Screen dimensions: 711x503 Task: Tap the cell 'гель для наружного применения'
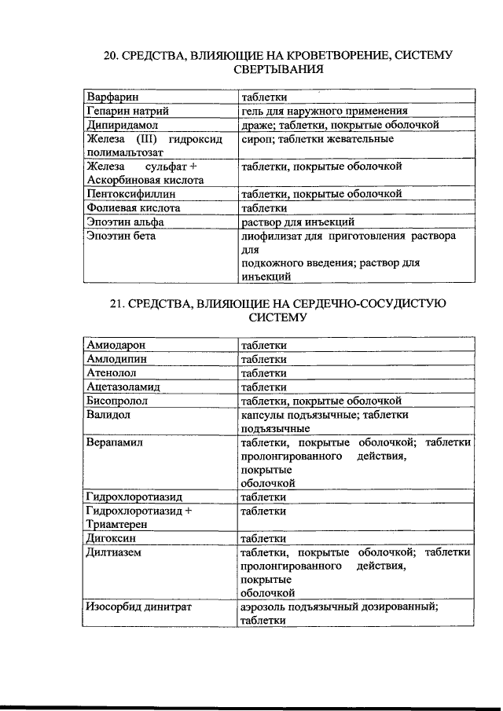coord(324,112)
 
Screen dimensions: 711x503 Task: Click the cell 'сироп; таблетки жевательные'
coord(318,139)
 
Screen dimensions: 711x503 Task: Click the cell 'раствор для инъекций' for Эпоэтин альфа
coord(298,222)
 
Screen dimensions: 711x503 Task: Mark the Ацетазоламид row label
coord(124,387)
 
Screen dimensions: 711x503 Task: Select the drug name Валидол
coord(108,414)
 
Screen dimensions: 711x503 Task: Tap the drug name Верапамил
coord(115,442)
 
